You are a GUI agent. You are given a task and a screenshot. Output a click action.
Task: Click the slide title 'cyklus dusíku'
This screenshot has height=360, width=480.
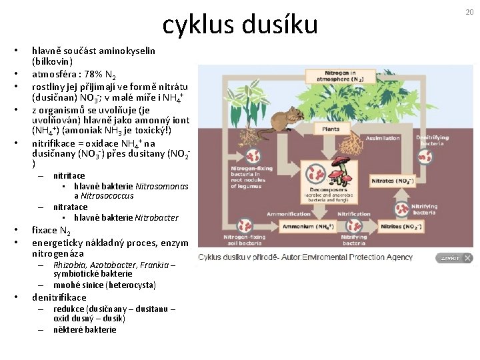(x=240, y=25)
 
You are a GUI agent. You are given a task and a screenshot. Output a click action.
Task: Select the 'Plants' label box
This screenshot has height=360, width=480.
(x=331, y=129)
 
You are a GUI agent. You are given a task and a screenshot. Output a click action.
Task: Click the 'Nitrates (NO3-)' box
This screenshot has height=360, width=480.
(x=391, y=181)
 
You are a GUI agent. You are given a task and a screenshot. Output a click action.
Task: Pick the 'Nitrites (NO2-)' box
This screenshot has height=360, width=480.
(x=400, y=227)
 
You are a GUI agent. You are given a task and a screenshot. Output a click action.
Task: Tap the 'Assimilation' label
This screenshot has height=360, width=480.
(x=383, y=139)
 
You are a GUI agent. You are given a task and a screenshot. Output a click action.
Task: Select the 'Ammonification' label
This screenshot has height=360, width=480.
(x=289, y=214)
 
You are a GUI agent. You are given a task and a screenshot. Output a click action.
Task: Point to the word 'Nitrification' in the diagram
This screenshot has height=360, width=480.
(x=354, y=214)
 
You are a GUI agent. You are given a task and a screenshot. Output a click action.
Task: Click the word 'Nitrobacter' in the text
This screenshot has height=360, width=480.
(x=157, y=217)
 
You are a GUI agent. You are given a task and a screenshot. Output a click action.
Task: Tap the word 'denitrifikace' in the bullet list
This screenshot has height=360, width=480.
(x=59, y=297)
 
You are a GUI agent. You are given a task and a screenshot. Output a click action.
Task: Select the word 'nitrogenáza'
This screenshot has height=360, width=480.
(x=58, y=254)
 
